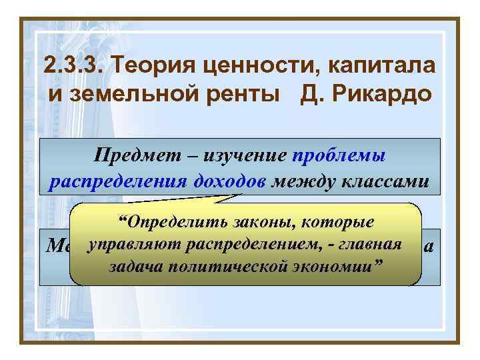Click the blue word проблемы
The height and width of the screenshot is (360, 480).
click(x=339, y=155)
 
